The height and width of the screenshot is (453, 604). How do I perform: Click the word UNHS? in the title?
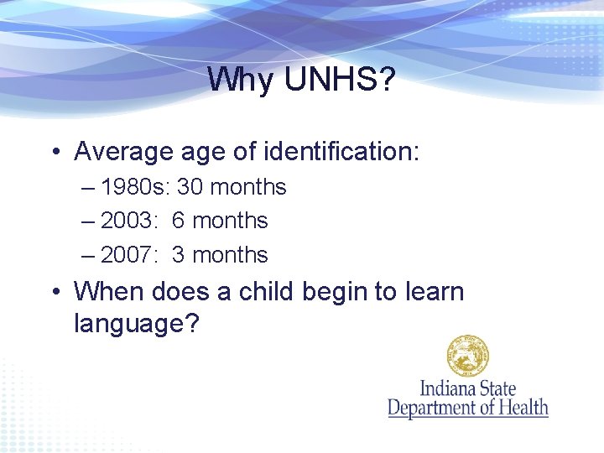click(x=341, y=80)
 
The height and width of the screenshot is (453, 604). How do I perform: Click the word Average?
click(x=122, y=152)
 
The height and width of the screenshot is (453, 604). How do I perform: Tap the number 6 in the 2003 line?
click(x=179, y=221)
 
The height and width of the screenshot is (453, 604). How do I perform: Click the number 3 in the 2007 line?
click(x=179, y=255)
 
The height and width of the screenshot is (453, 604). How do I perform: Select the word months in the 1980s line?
click(x=248, y=187)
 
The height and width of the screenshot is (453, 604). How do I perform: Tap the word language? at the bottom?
click(x=137, y=323)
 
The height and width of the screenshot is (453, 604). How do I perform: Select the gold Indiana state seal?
click(x=467, y=356)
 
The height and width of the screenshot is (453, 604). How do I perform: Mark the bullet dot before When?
click(x=55, y=293)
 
